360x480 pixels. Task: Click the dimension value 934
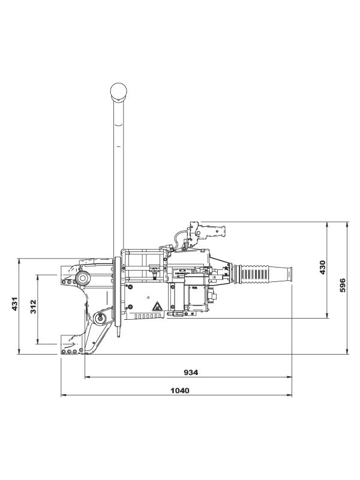click(x=190, y=372)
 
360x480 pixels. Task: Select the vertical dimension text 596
click(x=343, y=286)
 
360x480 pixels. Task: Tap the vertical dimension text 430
click(x=322, y=268)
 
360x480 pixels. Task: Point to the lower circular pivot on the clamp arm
click(x=101, y=317)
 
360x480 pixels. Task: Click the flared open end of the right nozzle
click(x=289, y=274)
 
